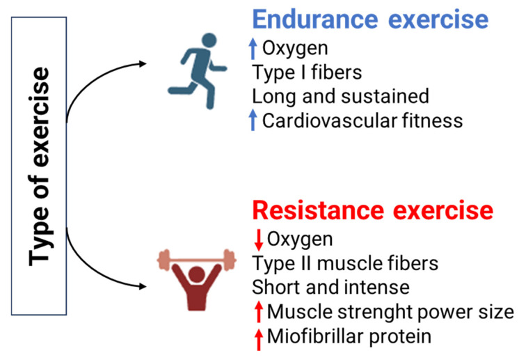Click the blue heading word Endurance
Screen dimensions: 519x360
pos(315,19)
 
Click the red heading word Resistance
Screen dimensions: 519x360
pos(318,210)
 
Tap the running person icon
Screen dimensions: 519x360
pos(198,71)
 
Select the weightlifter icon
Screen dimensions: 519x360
pos(197,280)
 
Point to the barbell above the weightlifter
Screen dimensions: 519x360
pos(197,260)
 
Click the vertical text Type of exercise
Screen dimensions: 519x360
pos(39,166)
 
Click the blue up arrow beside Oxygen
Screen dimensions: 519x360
pos(253,48)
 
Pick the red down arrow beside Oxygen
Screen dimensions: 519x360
pos(259,240)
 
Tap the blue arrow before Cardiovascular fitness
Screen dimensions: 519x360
pos(253,120)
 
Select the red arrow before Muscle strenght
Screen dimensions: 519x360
pos(259,312)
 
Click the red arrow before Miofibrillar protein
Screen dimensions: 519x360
pos(259,340)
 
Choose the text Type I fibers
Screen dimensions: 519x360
pos(307,72)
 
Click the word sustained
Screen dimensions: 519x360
pos(385,96)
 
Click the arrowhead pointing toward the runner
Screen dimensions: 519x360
pos(143,63)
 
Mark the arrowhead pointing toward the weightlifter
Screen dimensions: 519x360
pos(143,286)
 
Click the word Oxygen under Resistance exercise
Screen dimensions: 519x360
pos(300,240)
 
